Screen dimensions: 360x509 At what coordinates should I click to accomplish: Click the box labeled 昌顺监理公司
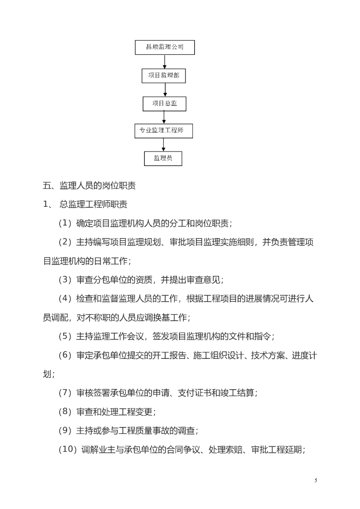pos(165,47)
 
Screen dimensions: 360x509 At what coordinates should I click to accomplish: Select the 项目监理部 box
pos(164,76)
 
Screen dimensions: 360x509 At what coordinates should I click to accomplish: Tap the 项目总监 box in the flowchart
pos(165,104)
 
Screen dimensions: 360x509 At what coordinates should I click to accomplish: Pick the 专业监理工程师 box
pos(164,131)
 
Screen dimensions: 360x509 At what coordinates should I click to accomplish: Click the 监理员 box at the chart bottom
pos(163,159)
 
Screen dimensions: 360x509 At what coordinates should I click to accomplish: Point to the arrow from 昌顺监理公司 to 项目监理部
pos(165,62)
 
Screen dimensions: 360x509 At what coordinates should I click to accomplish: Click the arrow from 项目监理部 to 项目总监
pos(165,90)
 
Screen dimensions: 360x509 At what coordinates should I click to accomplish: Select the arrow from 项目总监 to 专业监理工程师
pos(164,117)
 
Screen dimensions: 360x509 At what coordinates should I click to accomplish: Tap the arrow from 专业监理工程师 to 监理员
pos(163,145)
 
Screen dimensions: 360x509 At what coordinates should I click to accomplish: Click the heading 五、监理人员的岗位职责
pos(90,186)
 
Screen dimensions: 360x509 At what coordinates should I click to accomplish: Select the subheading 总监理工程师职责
pos(93,204)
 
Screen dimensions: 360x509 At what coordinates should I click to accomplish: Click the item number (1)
pos(65,223)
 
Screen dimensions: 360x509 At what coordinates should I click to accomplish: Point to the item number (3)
pos(65,279)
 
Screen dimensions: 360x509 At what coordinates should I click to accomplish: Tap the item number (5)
pos(65,336)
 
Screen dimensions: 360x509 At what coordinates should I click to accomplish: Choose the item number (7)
pos(65,393)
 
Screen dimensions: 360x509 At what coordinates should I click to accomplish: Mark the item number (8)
pos(65,412)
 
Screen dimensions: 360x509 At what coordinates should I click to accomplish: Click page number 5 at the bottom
pos(316,481)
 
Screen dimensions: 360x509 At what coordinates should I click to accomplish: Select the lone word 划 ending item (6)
pos(47,374)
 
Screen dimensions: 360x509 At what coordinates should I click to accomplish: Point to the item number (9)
pos(65,430)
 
